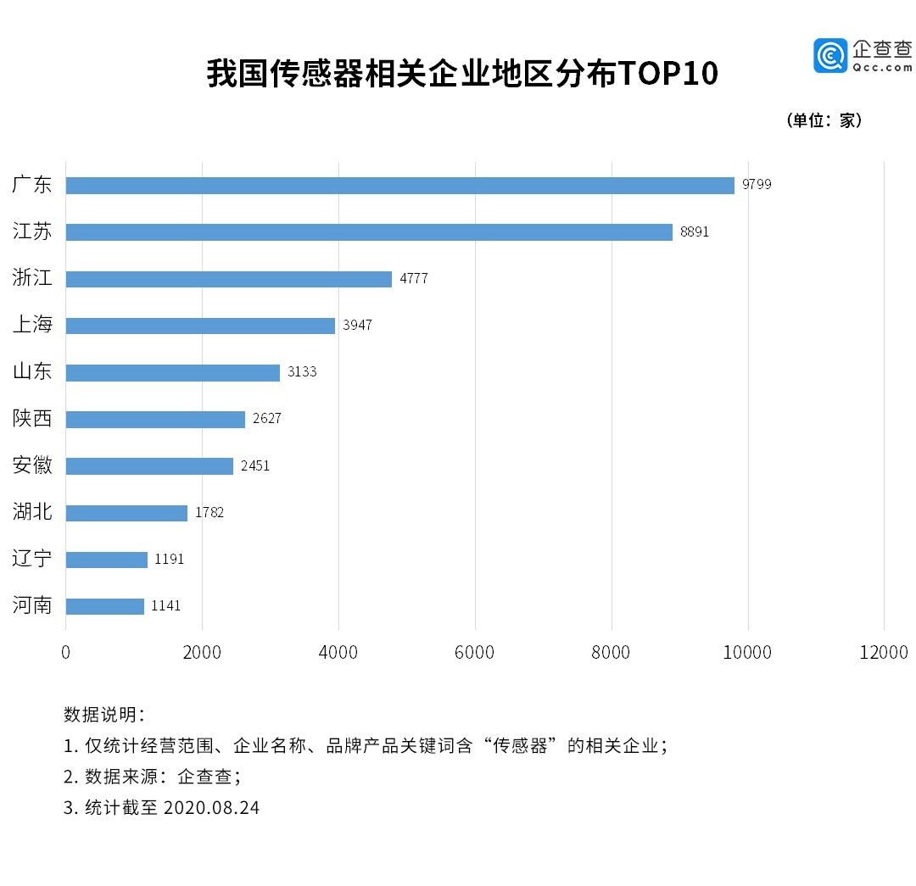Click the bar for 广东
click(x=399, y=186)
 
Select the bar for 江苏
click(x=369, y=232)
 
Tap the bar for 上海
click(x=200, y=326)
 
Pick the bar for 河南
click(x=105, y=606)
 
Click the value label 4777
click(x=414, y=279)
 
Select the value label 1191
click(x=170, y=560)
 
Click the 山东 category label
click(x=33, y=371)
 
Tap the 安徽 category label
click(x=33, y=465)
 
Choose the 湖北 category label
click(x=33, y=512)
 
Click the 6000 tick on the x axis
click(x=475, y=652)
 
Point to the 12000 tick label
click(x=885, y=652)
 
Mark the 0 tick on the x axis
click(x=66, y=652)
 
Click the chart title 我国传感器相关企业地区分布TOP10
click(x=462, y=75)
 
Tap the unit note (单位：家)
click(x=825, y=120)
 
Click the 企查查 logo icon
click(x=830, y=55)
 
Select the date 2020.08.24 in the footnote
click(x=211, y=807)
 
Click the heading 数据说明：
click(x=104, y=715)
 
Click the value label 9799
click(x=757, y=185)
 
